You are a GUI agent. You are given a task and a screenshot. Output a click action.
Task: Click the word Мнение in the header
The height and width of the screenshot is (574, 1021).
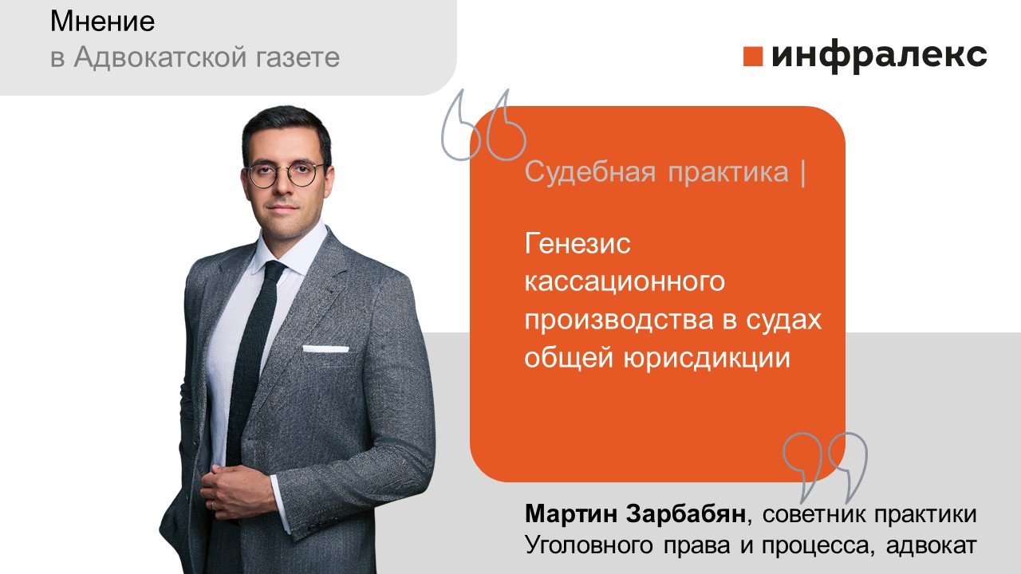click(x=102, y=22)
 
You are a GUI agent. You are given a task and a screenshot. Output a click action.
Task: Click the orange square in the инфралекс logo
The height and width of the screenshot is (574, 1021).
click(x=753, y=57)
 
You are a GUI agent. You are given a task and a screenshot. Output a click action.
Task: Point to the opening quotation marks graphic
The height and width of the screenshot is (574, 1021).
click(x=483, y=125)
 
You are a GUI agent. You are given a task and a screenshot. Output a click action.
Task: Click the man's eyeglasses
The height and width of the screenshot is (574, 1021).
click(x=286, y=174)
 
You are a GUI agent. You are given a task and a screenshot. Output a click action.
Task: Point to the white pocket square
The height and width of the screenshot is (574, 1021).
click(x=325, y=348)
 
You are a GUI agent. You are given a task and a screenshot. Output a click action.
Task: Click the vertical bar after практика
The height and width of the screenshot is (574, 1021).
click(x=801, y=172)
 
